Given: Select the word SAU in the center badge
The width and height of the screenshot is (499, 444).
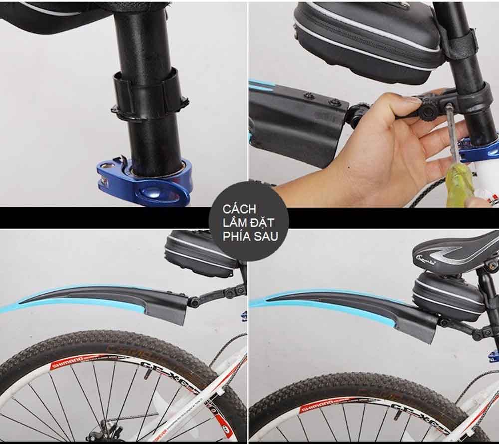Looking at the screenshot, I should pyautogui.click(x=265, y=236).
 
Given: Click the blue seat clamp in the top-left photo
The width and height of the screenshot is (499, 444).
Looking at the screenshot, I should pyautogui.click(x=145, y=182).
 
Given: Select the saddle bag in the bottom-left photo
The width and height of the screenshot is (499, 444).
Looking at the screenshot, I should pyautogui.click(x=200, y=252).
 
